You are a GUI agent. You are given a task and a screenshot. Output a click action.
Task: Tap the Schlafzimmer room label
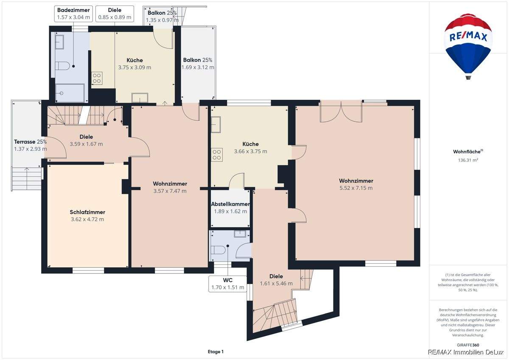[87, 212]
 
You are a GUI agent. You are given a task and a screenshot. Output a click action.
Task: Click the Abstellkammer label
[230, 204]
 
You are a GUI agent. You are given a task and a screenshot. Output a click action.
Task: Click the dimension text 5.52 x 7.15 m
[356, 188]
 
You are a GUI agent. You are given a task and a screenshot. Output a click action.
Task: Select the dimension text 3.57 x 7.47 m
[170, 191]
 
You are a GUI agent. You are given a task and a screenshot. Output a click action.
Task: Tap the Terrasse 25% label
[31, 142]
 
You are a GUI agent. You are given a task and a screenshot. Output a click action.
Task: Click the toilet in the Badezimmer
[62, 66]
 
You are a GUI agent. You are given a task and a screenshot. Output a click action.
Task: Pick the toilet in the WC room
[218, 250]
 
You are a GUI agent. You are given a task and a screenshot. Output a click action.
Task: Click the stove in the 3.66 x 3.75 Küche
[217, 155]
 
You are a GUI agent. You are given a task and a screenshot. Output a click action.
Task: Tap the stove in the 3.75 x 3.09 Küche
[97, 78]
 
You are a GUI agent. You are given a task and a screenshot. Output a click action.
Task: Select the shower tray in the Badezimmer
[70, 93]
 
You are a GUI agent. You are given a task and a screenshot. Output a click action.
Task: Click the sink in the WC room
[240, 234]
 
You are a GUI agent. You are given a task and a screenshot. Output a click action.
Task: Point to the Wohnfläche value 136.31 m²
[468, 160]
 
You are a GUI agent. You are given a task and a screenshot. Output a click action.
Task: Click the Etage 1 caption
[215, 352]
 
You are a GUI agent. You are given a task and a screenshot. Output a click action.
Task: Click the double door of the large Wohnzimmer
[341, 112]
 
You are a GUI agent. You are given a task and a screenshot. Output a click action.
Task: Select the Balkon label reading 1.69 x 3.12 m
[198, 64]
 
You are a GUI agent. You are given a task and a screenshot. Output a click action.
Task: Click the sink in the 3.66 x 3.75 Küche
[216, 124]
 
